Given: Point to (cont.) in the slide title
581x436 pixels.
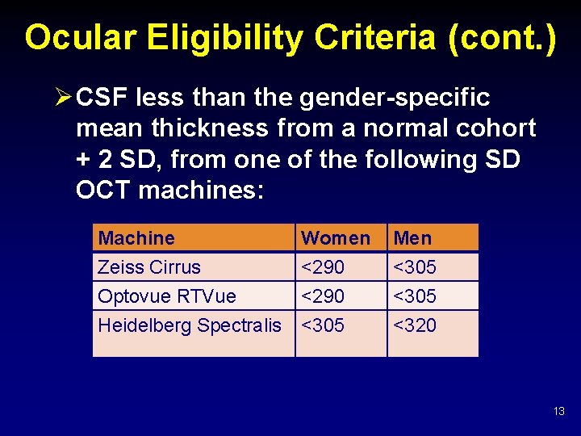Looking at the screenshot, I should tap(506, 37).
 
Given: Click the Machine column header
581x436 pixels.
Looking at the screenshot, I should tap(136, 238).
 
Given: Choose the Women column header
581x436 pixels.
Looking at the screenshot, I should tap(335, 238).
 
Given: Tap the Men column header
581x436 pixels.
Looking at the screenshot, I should tap(412, 238).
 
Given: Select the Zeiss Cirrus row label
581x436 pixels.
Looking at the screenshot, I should tap(149, 267).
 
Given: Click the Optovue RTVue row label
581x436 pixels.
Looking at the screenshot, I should tap(167, 296).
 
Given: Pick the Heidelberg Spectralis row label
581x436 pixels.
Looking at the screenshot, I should tap(190, 325).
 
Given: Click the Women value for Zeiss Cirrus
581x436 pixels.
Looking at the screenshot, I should tap(322, 267).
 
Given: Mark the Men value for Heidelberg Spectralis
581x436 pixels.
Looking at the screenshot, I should tap(415, 325).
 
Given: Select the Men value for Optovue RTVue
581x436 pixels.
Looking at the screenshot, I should tap(415, 296).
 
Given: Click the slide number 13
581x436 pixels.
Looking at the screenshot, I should tap(559, 412).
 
